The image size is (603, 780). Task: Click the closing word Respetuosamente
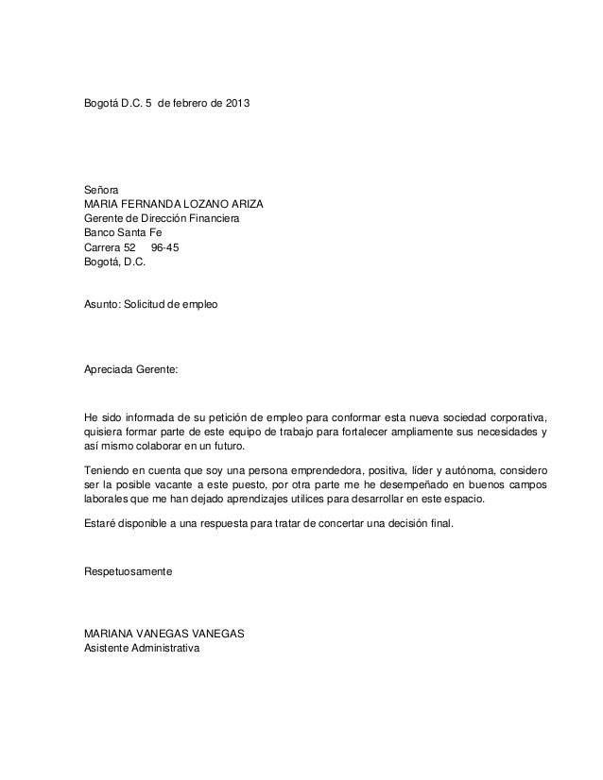coord(129,571)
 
